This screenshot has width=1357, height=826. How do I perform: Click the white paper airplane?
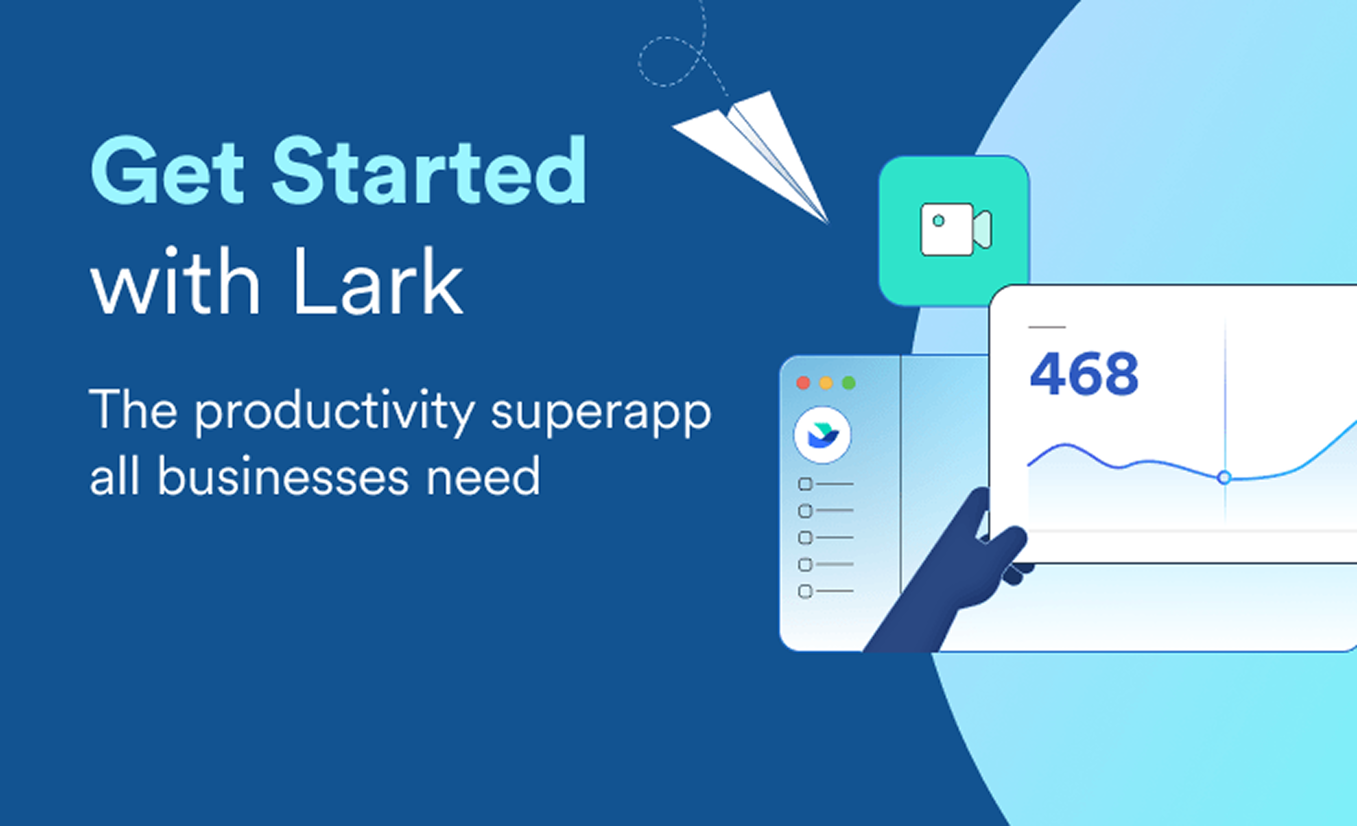pos(750,157)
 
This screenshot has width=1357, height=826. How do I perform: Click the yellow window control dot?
pos(826,383)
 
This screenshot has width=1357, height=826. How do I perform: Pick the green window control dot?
pos(849,383)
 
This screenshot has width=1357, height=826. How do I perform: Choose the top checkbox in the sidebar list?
pos(805,484)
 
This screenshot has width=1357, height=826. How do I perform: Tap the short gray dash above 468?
pos(1047,327)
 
